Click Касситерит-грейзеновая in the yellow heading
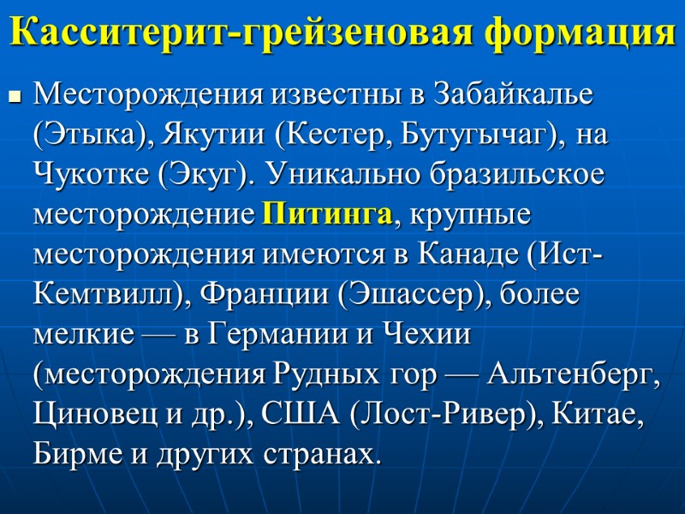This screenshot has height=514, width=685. [x=243, y=33]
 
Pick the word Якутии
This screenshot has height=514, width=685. [x=207, y=134]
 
